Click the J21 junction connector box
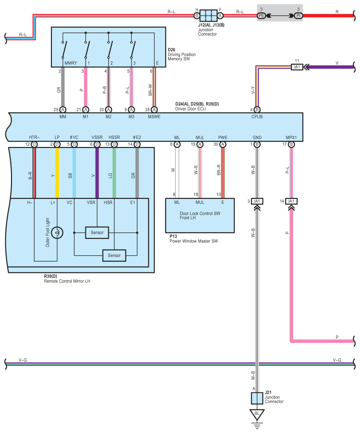pos(257,398)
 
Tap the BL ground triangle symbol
pos(257,415)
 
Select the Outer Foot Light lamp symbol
pos(57,233)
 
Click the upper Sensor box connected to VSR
pos(97,232)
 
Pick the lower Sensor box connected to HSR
pos(114,255)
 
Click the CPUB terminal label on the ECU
pos(257,117)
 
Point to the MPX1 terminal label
pos(291,138)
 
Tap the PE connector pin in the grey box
pos(261,16)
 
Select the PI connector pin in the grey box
pos(298,16)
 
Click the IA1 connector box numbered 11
pos(297,67)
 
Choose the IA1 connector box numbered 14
pos(291,201)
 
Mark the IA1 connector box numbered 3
pos(257,201)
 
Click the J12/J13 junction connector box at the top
pos(209,16)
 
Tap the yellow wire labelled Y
pos(57,173)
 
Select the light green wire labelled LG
pos(114,173)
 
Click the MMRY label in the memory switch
pos(71,63)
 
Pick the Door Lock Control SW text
pos(200,213)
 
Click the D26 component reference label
pos(172,50)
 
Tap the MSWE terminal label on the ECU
pos(154,117)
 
